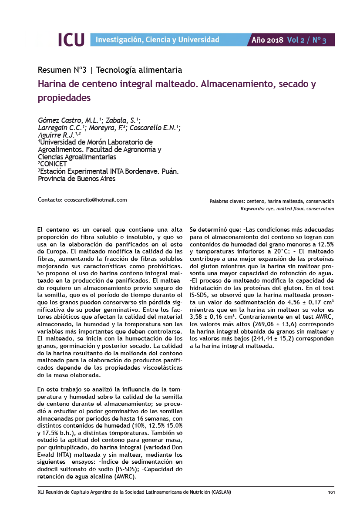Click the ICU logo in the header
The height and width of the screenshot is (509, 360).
pos(71,40)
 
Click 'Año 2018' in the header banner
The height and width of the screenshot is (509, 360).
pos(267,40)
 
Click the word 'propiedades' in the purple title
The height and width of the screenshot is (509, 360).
pos(64,98)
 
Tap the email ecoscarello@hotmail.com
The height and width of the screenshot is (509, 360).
pos(95,200)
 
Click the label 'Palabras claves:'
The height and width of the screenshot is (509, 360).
pos(227,202)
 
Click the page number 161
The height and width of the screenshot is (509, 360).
pos(330,492)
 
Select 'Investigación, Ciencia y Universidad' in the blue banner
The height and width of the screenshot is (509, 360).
pos(157,40)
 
